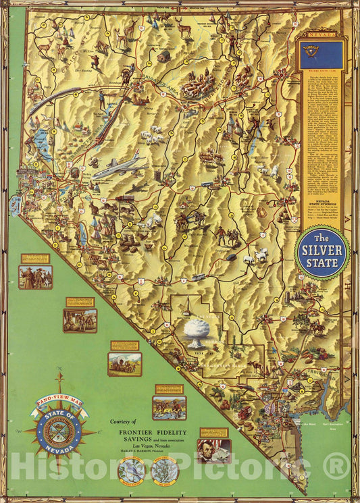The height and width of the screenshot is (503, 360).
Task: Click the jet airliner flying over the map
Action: pyautogui.click(x=120, y=167)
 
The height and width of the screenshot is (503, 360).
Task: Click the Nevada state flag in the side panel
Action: pyautogui.click(x=321, y=56)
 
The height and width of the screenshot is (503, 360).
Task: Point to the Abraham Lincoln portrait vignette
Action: pyautogui.click(x=213, y=450)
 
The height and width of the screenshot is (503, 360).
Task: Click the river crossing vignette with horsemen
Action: pyautogui.click(x=169, y=407)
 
